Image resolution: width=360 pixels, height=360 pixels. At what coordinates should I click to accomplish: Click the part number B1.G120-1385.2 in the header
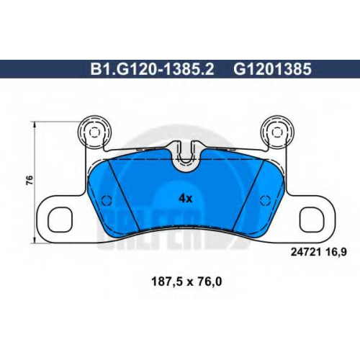(x=152, y=69)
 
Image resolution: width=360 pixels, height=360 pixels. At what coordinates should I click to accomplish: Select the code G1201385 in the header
(x=273, y=69)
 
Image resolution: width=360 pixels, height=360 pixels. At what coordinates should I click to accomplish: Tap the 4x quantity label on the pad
(x=186, y=199)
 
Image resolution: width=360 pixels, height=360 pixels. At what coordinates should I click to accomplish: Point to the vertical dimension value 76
(x=30, y=180)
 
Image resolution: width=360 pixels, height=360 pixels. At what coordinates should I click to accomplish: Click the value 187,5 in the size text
(x=166, y=282)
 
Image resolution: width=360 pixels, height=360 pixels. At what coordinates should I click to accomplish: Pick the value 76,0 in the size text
(x=208, y=282)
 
